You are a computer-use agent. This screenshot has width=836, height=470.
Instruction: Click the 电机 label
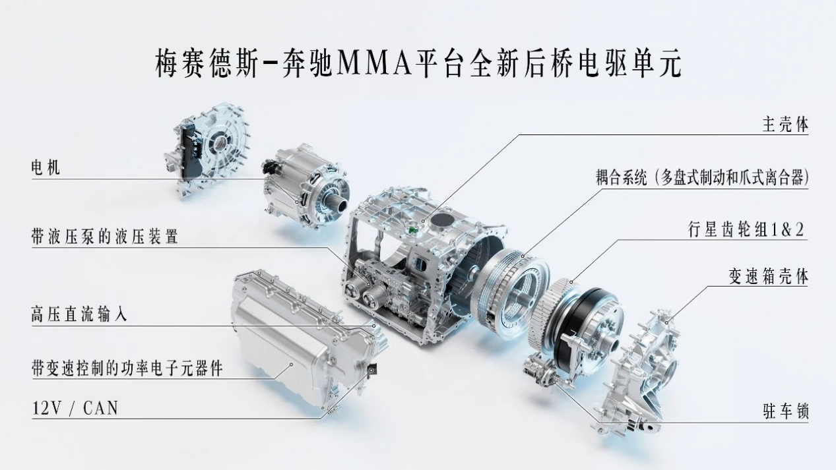coord(46,167)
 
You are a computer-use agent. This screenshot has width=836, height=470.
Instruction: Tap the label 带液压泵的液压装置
coord(104,236)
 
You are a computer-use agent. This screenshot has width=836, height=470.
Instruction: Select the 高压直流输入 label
coord(79,314)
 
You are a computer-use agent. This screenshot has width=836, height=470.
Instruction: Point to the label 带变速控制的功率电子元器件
coord(127,368)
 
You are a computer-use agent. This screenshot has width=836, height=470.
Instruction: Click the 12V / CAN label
coord(75,409)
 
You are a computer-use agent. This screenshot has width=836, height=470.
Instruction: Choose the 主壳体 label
coord(785,125)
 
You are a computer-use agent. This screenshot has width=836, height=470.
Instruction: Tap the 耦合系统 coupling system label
coord(700,178)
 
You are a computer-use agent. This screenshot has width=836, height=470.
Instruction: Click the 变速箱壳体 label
coord(768,277)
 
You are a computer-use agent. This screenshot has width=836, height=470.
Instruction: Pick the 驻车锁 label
coord(785,412)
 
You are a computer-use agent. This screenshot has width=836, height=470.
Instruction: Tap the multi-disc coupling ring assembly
coord(511,290)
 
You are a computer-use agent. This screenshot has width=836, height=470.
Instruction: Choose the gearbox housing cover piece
coord(643,369)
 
